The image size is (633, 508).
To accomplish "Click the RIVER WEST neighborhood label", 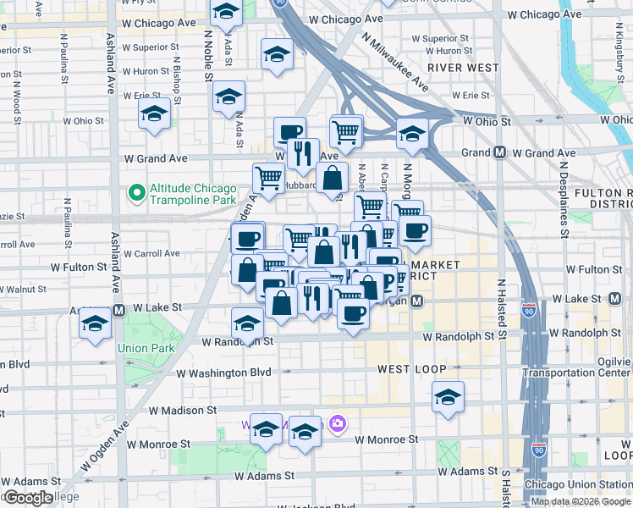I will point(463,67).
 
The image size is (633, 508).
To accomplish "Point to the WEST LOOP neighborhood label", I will point(406,369).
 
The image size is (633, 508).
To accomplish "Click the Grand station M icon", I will point(499,152).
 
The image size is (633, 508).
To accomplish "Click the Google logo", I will point(28,498).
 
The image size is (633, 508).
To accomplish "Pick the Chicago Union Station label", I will point(575,484).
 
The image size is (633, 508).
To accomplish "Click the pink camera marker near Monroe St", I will point(338,423).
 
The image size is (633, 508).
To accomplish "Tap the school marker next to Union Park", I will point(95,325).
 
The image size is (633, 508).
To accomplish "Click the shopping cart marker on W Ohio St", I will point(346,131).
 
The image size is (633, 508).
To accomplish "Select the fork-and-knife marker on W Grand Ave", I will point(302,155).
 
